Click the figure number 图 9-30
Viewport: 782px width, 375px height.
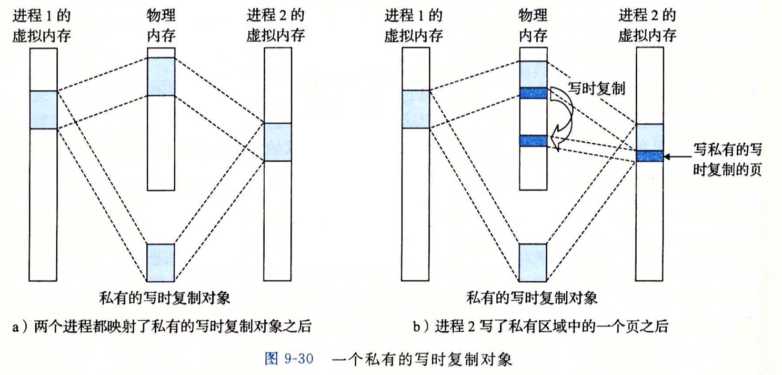(x=287, y=360)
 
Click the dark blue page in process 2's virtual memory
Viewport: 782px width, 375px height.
(x=649, y=156)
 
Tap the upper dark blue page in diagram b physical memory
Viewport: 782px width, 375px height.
(x=533, y=93)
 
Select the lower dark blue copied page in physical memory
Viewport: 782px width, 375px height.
(x=533, y=141)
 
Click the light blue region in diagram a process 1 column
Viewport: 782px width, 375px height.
(x=43, y=110)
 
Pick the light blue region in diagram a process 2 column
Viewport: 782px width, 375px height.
(x=277, y=142)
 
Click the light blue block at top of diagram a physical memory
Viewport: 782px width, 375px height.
(x=161, y=76)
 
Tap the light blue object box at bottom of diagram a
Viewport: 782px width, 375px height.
(x=161, y=262)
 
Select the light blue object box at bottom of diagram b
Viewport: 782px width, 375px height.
(x=533, y=262)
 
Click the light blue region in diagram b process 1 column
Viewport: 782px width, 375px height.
(x=416, y=110)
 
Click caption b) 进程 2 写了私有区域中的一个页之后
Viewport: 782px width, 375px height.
(x=540, y=327)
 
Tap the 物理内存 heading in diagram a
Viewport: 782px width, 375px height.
(x=161, y=25)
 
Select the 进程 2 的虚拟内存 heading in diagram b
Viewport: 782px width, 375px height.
(x=647, y=25)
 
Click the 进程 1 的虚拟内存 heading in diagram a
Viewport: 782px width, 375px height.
(x=43, y=25)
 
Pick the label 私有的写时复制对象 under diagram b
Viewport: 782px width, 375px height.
(x=532, y=299)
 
